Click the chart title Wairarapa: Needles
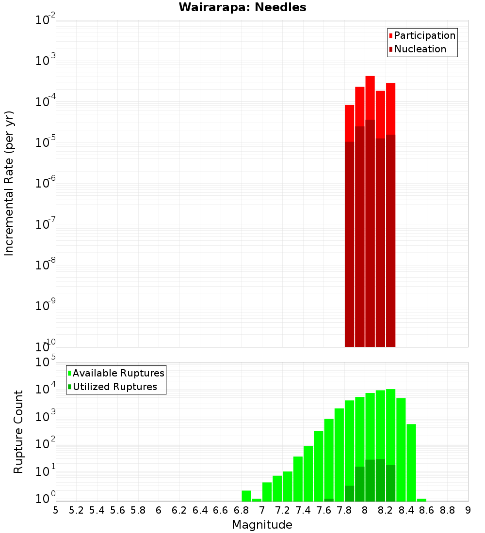coord(242,7)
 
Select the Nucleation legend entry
coord(420,49)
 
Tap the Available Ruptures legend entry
coord(118,373)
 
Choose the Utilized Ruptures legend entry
coord(114,387)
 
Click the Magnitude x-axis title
coord(262,525)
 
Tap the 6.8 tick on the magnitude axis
coord(241,510)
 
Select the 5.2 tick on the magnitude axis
coord(76,510)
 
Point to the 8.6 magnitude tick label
coord(427,510)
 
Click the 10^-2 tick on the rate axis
coord(46,20)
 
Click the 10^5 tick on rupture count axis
coord(46,362)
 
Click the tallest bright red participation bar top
coord(370,78)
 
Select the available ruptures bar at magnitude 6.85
coord(246,496)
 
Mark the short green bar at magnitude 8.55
coord(422,500)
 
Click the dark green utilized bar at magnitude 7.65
coord(329,500)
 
